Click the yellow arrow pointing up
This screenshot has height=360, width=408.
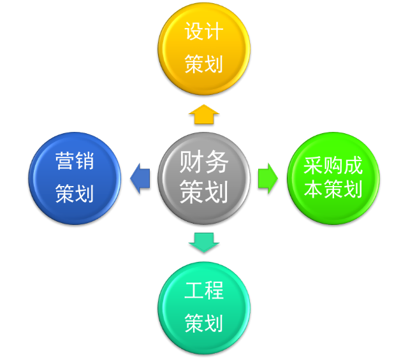coord(204,114)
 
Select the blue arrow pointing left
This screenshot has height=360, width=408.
coord(139,178)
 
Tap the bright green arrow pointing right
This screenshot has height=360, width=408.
coord(268,178)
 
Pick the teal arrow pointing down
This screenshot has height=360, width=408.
coord(204,241)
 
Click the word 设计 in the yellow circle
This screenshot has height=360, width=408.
coord(204,31)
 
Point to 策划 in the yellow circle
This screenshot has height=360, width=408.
coord(204,64)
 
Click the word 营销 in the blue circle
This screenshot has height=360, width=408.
coord(75,161)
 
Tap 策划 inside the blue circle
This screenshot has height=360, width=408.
coord(75,194)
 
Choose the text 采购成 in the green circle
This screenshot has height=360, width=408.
coord(333,166)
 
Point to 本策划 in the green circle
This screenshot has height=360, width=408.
coord(333,189)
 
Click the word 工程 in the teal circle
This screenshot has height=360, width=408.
coord(204,291)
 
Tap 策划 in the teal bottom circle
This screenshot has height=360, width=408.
coord(204,322)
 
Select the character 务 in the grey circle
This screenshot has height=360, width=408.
coord(217,162)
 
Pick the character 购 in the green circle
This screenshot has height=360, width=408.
coord(333,166)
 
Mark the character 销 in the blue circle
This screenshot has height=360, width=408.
coord(85,161)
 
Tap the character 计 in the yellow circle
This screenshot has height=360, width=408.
coord(214,31)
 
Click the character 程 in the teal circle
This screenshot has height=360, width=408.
coord(214,291)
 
